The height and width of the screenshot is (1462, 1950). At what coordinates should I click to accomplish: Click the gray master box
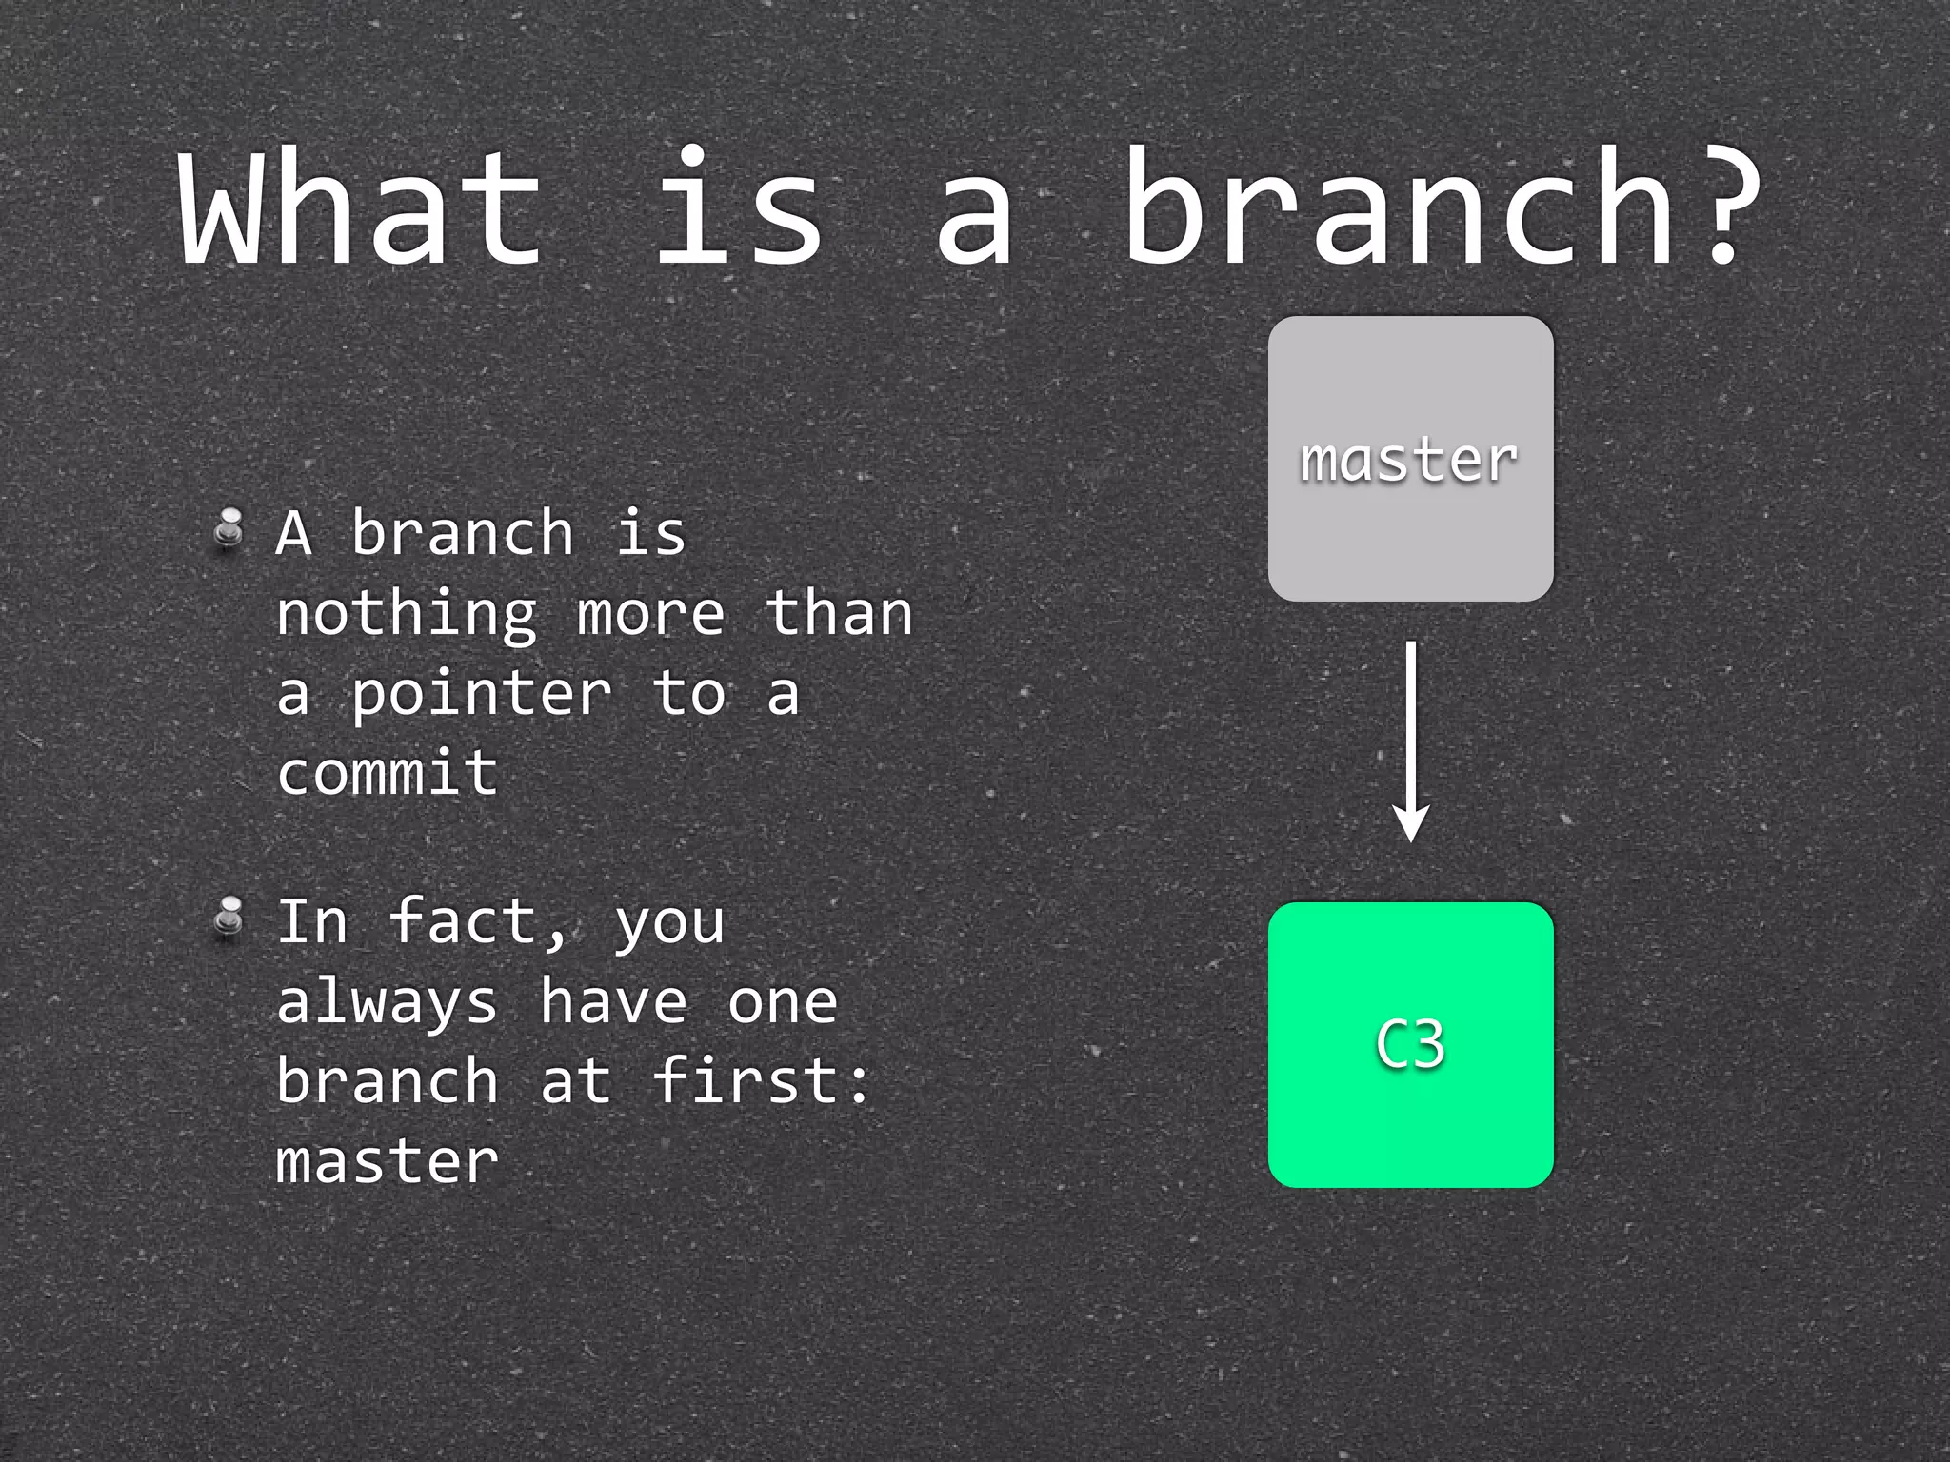click(1410, 459)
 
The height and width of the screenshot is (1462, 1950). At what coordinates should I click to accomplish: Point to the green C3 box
click(1410, 1044)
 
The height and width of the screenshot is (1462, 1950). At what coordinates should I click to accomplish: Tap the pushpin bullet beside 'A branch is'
click(229, 529)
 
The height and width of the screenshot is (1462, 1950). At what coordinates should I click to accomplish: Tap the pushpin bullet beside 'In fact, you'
click(229, 918)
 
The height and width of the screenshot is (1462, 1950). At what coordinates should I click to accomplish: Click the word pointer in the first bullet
click(482, 695)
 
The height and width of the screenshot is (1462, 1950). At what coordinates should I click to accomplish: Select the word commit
click(388, 774)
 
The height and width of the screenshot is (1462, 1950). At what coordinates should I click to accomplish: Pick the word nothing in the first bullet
click(407, 614)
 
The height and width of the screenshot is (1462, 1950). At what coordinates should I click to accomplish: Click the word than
click(839, 614)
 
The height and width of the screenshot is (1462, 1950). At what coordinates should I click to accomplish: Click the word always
click(388, 1003)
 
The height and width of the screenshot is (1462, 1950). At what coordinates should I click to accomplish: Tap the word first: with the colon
click(762, 1081)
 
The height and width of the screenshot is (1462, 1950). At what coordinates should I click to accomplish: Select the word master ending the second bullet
click(388, 1161)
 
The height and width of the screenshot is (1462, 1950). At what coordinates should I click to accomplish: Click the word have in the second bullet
click(613, 1001)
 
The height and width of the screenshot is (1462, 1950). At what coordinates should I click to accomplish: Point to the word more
click(650, 615)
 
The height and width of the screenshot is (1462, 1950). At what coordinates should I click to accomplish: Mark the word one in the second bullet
click(783, 1003)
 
